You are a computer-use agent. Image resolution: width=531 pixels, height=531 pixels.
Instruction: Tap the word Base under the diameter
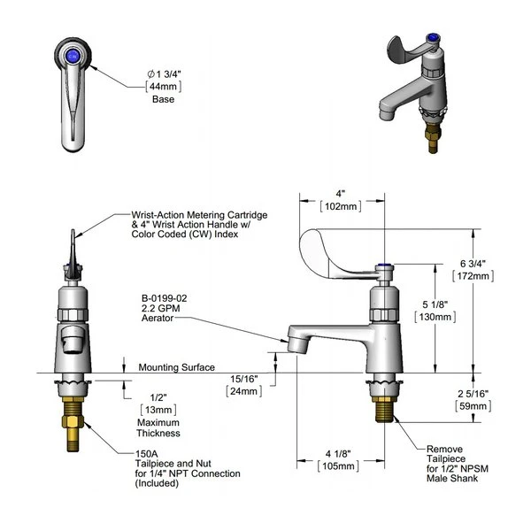[161, 99]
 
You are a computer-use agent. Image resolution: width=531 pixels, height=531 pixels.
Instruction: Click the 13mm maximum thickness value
[160, 410]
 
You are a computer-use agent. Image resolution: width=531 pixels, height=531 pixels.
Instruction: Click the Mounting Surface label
[173, 366]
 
